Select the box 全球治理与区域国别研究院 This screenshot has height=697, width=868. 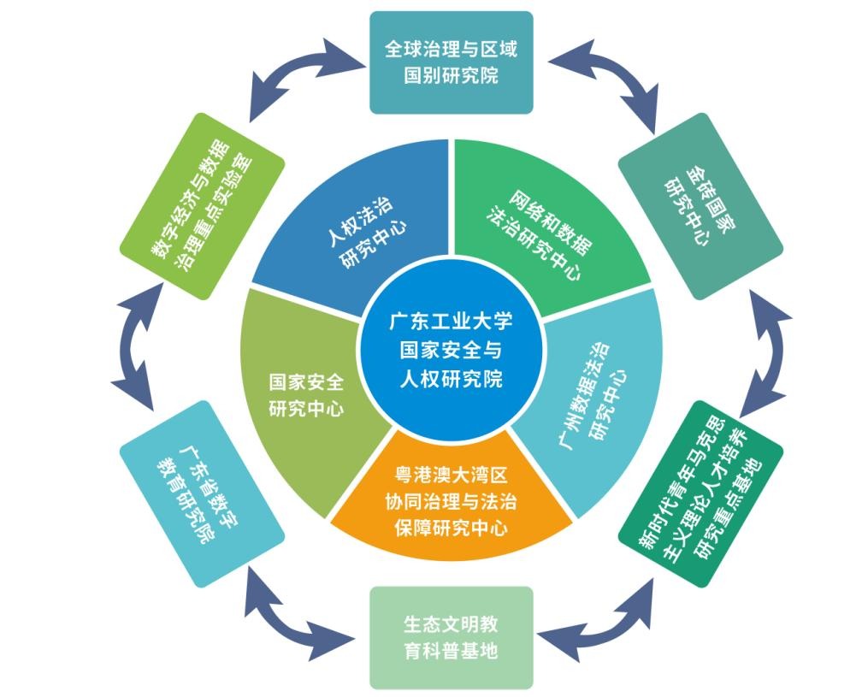point(451,62)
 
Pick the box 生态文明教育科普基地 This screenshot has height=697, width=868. point(451,637)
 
